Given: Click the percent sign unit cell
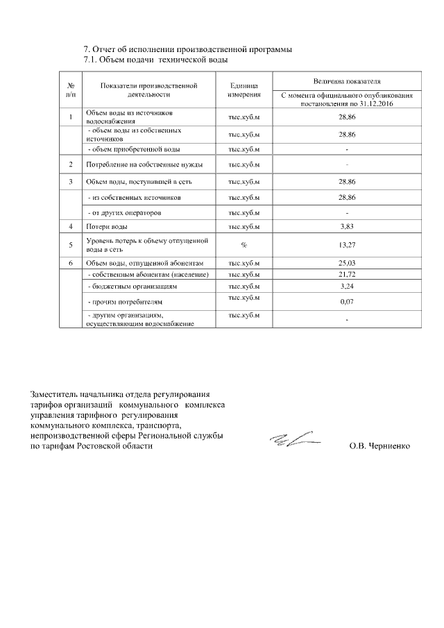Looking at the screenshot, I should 244,244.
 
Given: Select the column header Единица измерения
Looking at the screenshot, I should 244,88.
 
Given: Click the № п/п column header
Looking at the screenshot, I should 71,88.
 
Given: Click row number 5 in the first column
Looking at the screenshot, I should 71,244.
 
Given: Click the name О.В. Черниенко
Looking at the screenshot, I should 379,446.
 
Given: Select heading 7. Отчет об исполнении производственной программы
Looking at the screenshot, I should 187,49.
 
